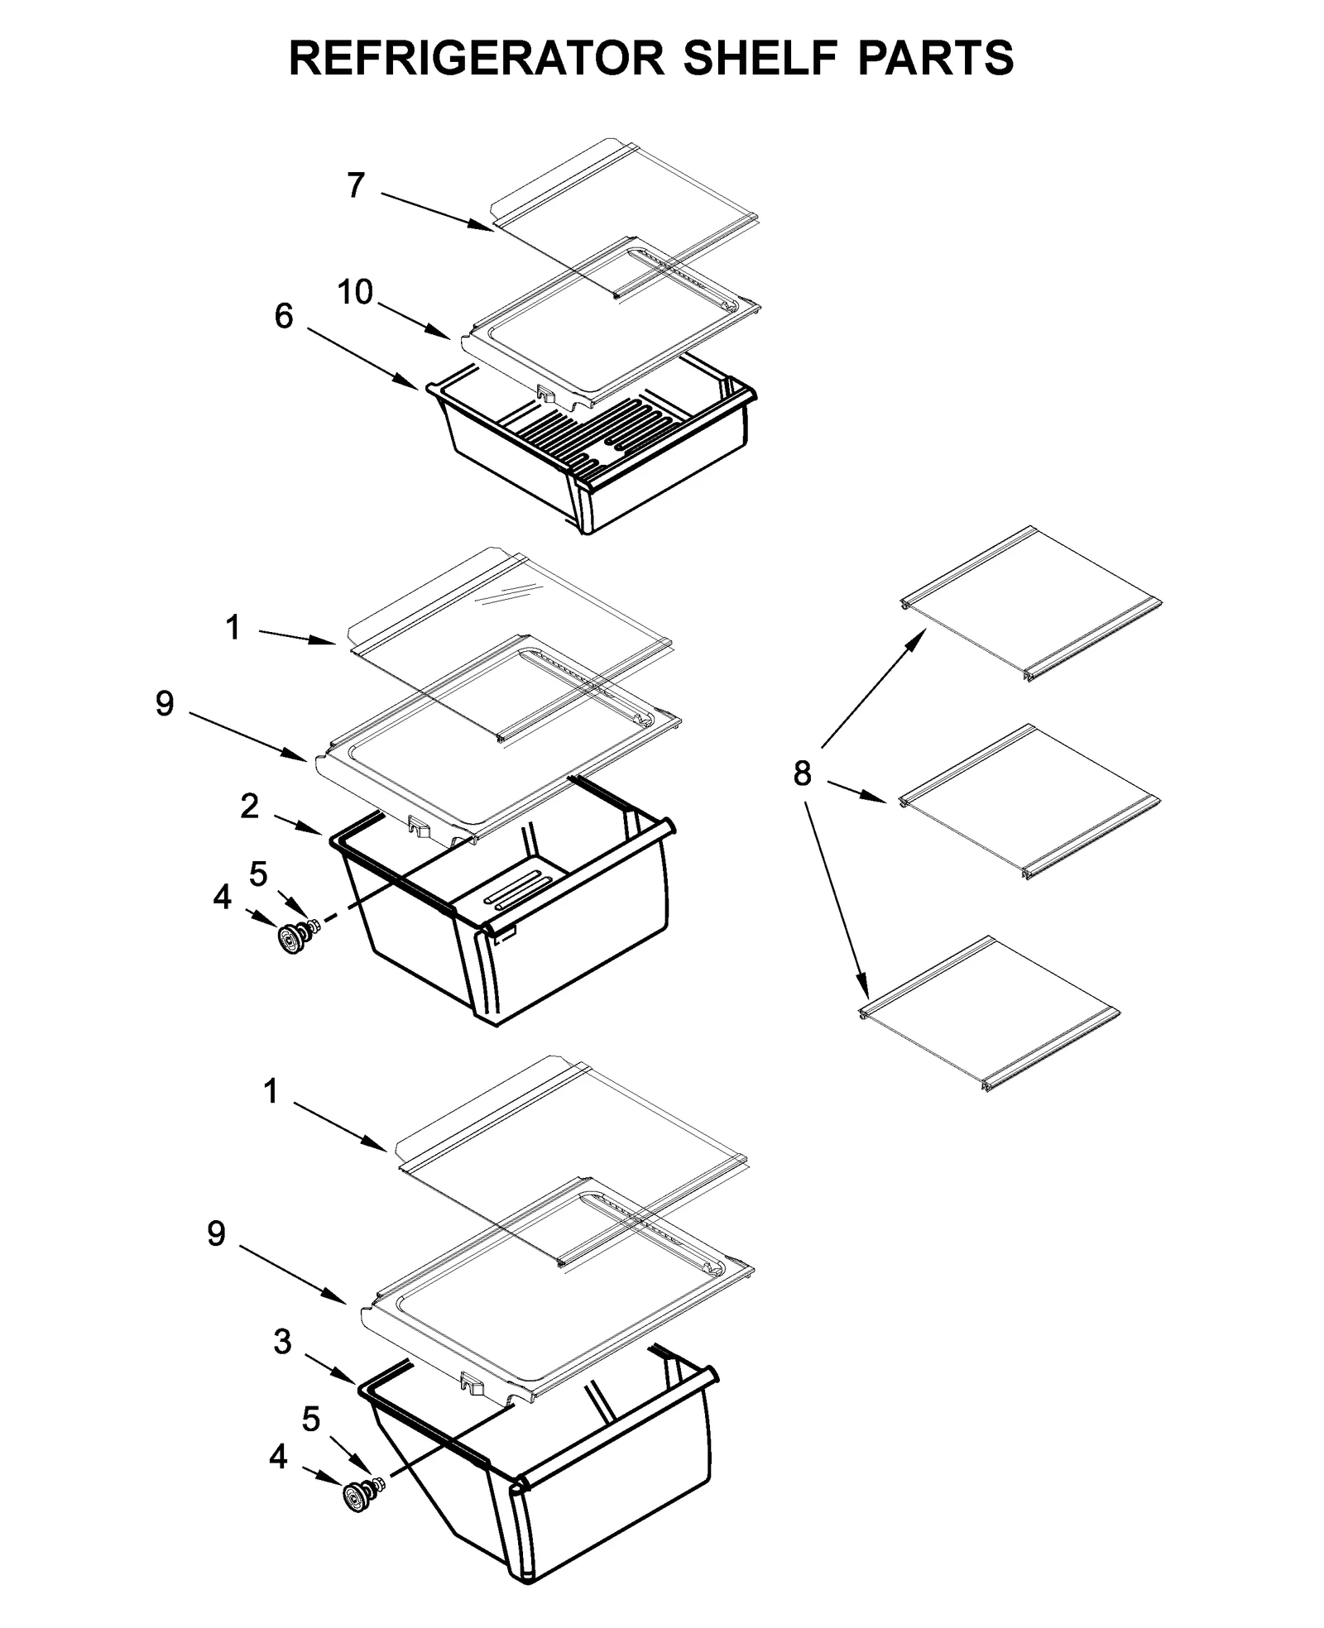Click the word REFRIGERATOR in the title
pyautogui.click(x=476, y=58)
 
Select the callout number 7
pyautogui.click(x=356, y=186)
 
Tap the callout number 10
pyautogui.click(x=356, y=292)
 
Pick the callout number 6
pyautogui.click(x=284, y=316)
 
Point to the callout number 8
pyautogui.click(x=802, y=774)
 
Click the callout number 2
pyautogui.click(x=250, y=807)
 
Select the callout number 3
pyautogui.click(x=283, y=1343)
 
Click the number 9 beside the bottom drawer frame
pyautogui.click(x=216, y=1234)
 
